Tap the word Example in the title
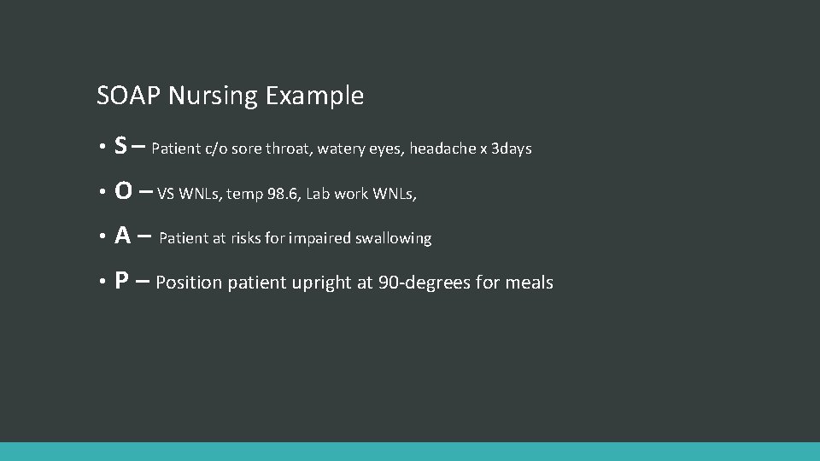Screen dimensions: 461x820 [x=314, y=96]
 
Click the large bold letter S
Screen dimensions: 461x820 [x=121, y=148]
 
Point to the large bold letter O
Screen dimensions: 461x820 [x=123, y=193]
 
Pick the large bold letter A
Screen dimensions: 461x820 [x=123, y=237]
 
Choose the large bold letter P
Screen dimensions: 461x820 [x=122, y=282]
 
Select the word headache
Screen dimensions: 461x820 [x=442, y=149]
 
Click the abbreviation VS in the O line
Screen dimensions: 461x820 [x=167, y=194]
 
